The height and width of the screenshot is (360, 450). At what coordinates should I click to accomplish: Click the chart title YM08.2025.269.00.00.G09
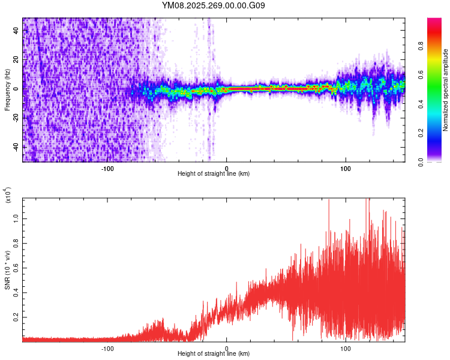coord(214,6)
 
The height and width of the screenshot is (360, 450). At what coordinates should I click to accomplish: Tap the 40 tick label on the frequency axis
coord(17,30)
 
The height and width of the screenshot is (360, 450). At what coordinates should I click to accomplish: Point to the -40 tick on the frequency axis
coord(17,146)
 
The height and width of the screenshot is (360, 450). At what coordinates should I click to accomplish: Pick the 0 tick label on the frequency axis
coord(17,88)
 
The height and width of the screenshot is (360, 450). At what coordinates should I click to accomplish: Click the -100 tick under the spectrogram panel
coord(107,168)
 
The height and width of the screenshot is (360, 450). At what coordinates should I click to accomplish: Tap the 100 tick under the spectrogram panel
coord(346,168)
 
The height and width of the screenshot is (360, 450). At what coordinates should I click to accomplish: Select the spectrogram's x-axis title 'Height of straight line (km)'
coord(214,174)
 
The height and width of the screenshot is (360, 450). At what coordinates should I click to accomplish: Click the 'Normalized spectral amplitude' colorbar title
coord(446,89)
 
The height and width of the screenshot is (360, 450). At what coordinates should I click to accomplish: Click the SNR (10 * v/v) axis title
coord(7,269)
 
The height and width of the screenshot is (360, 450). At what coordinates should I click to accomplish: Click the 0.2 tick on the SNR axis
coord(17,317)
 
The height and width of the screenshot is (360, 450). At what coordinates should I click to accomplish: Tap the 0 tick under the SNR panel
coord(226,348)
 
